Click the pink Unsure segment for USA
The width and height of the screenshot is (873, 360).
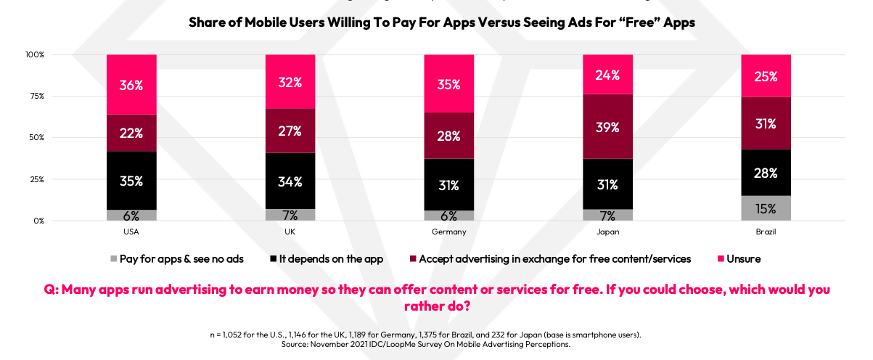[131, 84]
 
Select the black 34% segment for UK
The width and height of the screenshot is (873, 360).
[290, 181]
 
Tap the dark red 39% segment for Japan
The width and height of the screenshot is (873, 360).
[607, 127]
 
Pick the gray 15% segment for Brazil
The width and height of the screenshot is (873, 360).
[766, 208]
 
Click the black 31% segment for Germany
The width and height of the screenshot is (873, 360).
[448, 185]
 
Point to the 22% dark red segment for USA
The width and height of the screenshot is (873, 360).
[131, 133]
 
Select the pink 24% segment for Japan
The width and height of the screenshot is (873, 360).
[607, 74]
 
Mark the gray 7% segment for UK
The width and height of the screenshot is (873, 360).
[290, 215]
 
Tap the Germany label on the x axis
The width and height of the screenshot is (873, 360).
[448, 232]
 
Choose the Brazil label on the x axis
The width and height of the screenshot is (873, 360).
[766, 232]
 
